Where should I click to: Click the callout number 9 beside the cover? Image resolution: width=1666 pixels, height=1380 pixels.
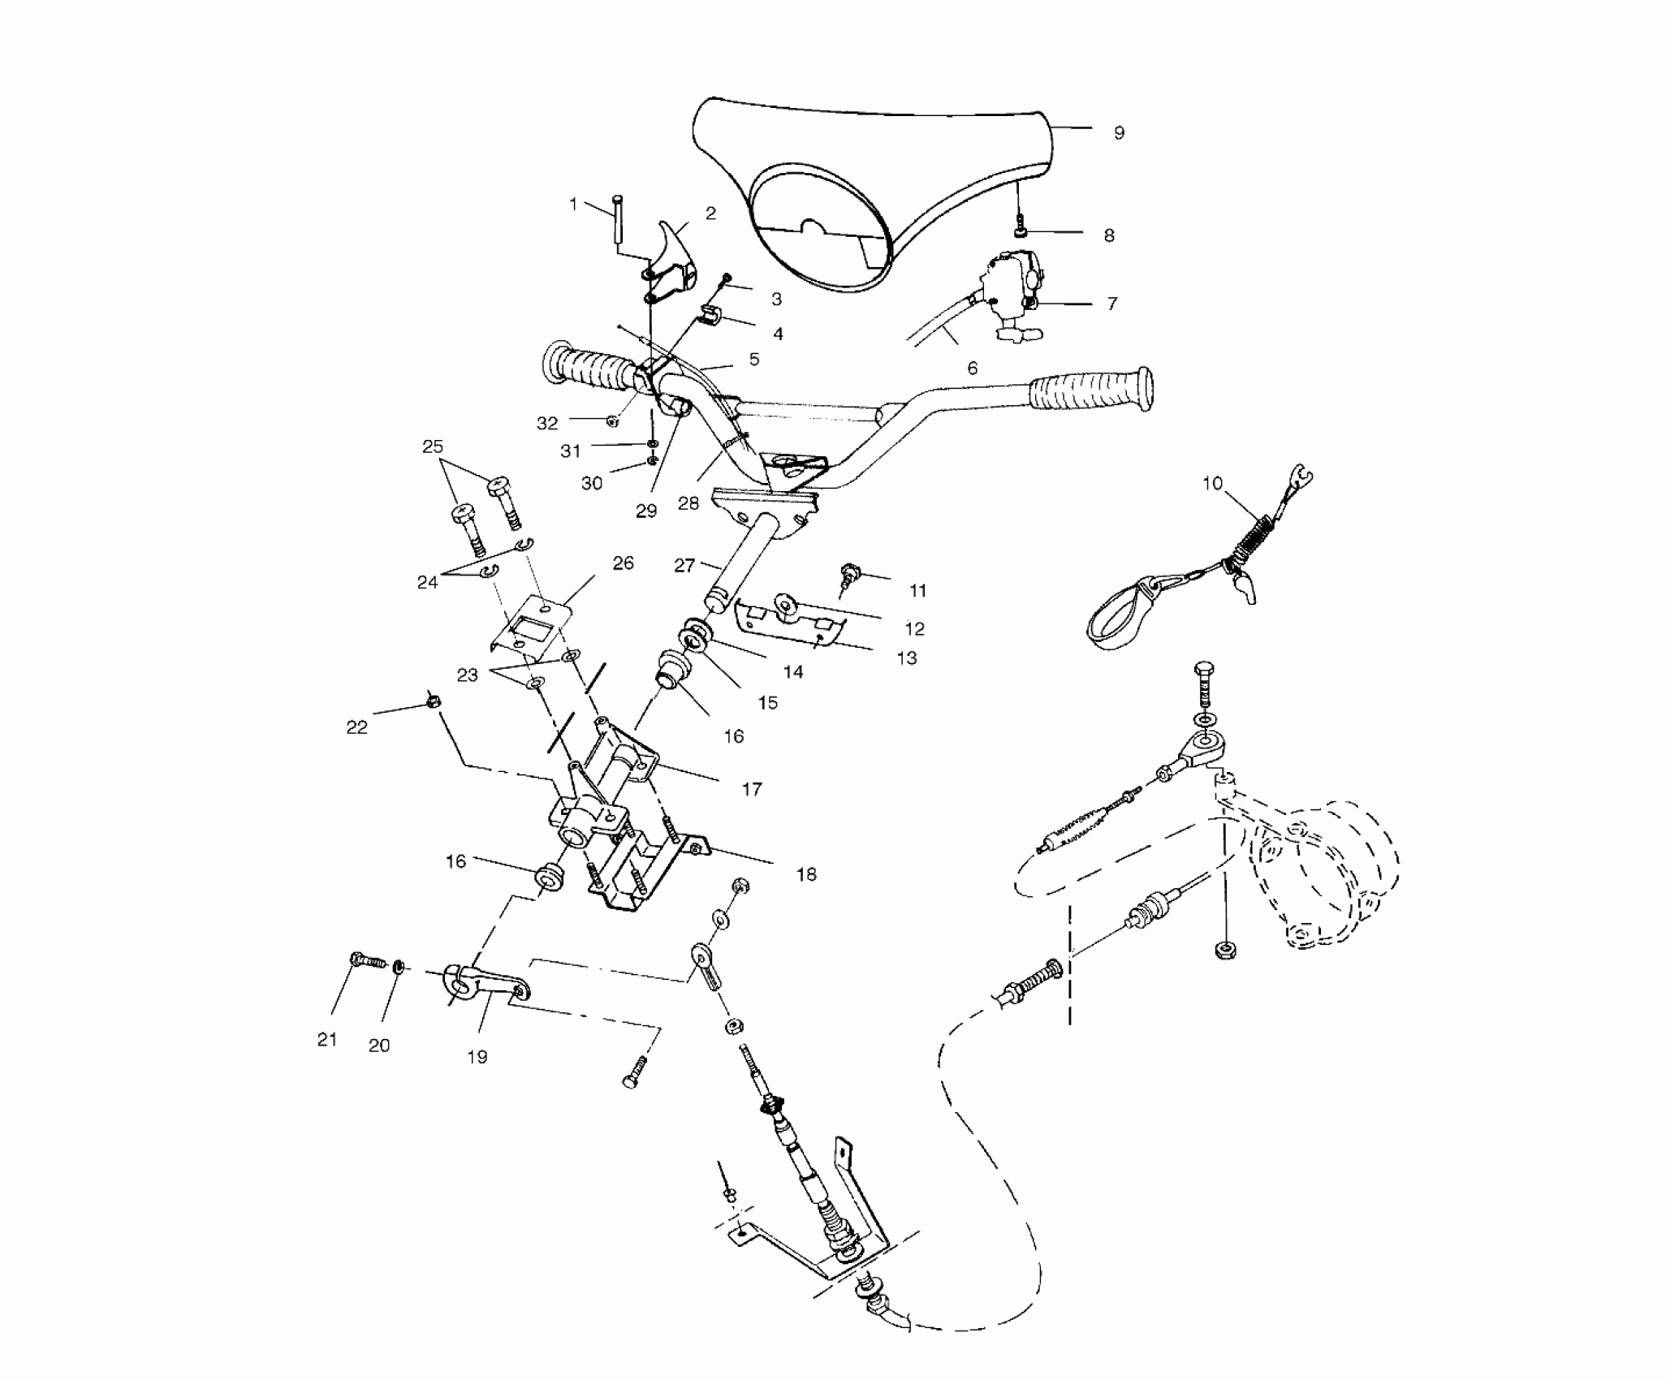[x=1119, y=133]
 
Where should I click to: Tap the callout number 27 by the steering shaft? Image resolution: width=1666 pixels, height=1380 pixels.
[x=684, y=565]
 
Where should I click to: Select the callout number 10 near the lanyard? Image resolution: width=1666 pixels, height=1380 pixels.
[x=1211, y=484]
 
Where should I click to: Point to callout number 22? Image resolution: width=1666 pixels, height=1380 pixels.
[x=356, y=727]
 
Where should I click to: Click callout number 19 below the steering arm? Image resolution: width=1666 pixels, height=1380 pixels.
[x=477, y=1057]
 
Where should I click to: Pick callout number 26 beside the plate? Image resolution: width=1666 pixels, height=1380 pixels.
[x=623, y=563]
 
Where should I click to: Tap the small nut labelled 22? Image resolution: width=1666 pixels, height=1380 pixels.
[x=433, y=701]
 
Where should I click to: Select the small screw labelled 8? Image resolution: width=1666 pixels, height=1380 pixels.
[x=1020, y=231]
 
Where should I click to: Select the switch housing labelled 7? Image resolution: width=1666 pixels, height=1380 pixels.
[x=1011, y=288]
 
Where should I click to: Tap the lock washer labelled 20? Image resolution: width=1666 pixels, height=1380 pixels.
[x=399, y=967]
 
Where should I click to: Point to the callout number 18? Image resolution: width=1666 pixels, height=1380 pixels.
[x=805, y=875]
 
